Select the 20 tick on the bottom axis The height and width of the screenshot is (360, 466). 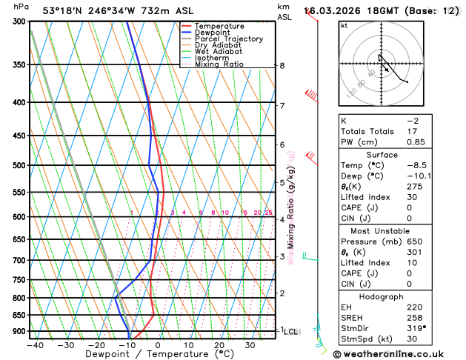[x=219, y=345]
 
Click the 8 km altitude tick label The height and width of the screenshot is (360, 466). [x=282, y=66]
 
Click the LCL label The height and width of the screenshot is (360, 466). [x=291, y=332]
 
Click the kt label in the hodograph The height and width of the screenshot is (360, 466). [x=344, y=25]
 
